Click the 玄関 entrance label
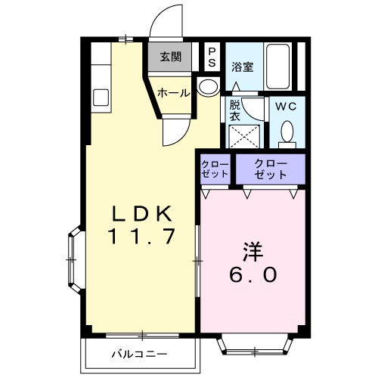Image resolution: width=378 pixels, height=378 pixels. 171,57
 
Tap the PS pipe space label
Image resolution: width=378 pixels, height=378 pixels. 212,57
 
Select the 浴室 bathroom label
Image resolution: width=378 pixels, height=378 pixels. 243,67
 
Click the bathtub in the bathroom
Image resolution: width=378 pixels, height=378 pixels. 277,67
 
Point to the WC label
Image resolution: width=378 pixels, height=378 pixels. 286,107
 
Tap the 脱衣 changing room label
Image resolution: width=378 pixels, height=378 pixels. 234,111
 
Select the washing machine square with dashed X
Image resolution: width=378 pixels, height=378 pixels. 244,136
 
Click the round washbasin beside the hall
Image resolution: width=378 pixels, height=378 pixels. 208,86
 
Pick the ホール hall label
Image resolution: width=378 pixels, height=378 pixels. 173,93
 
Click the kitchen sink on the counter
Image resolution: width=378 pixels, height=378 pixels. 101,98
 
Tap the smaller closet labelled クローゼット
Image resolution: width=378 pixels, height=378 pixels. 215,169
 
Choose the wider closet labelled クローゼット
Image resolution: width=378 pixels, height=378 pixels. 271,169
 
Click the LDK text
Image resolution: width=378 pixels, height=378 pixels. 141,213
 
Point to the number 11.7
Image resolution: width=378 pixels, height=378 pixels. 141,237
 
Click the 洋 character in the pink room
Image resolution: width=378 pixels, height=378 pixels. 253,252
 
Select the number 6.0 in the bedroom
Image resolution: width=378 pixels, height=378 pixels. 253,274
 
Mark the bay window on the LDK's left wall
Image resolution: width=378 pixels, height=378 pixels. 74,260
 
